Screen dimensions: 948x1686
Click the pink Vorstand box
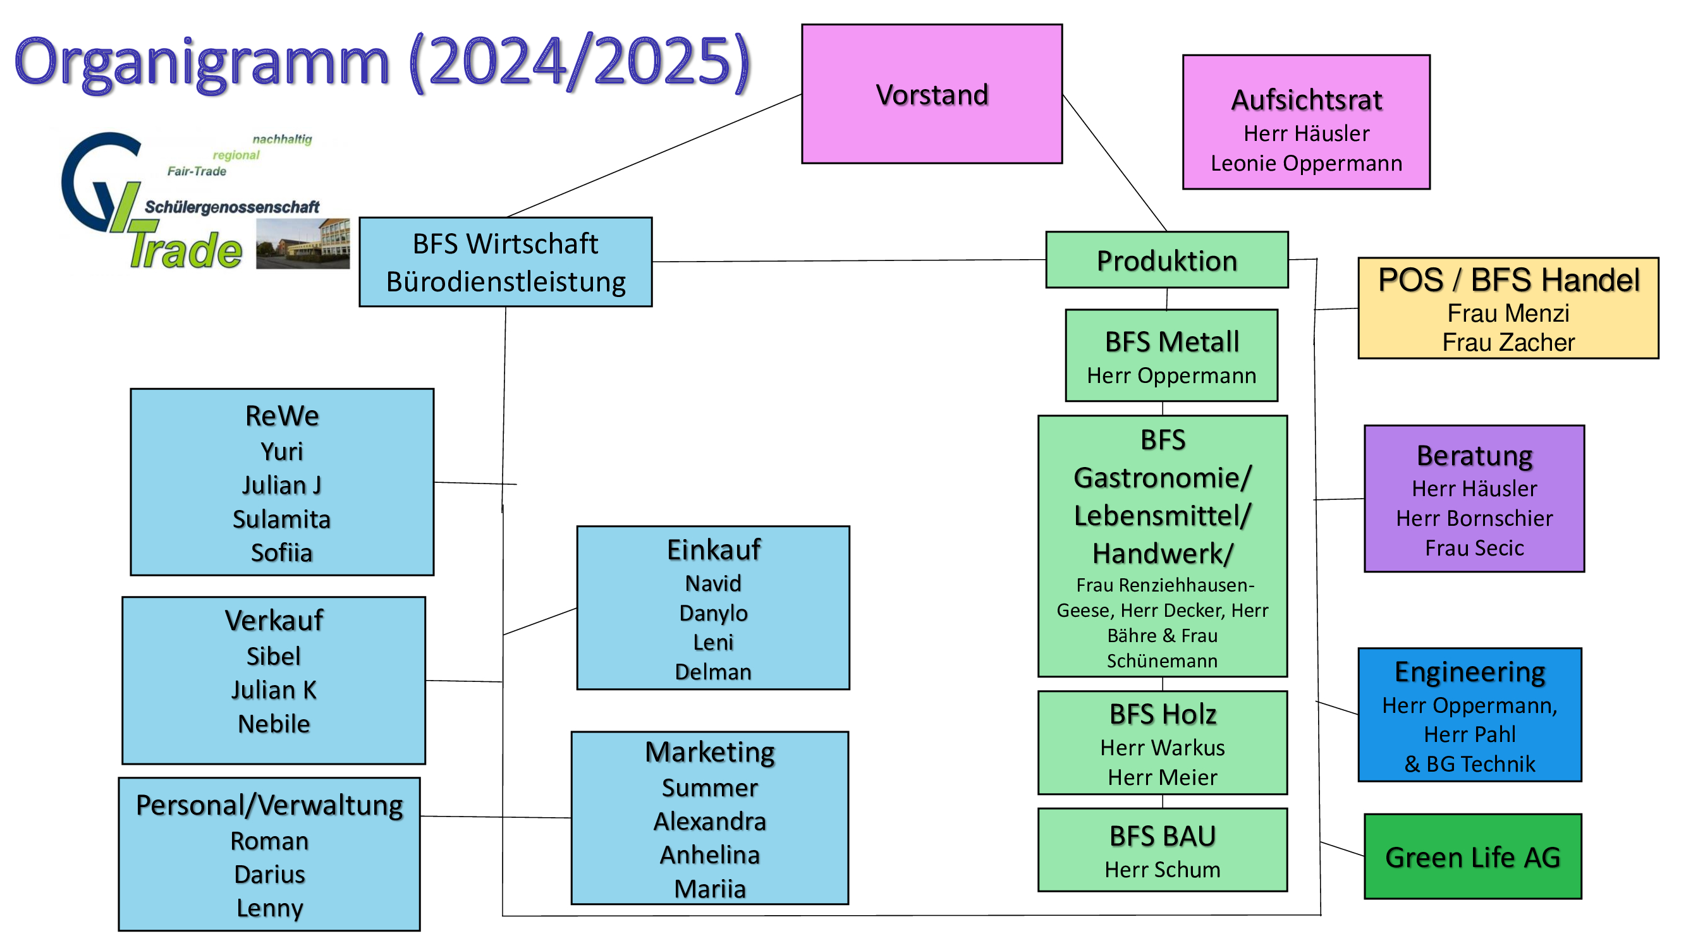tap(931, 94)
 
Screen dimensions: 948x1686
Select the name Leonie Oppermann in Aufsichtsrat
tap(1305, 163)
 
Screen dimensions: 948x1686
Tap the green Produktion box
tap(1166, 260)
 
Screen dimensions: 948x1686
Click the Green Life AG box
tap(1472, 857)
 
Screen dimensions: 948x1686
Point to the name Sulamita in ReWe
tap(281, 519)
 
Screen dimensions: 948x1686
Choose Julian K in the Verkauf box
tap(274, 690)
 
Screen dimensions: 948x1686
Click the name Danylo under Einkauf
tap(712, 613)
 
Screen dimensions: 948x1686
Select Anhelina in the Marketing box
tap(709, 855)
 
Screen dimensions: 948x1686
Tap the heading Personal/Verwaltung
tap(269, 805)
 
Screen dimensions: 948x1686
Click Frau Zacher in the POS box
tap(1508, 342)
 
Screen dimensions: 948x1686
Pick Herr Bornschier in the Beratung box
tap(1474, 518)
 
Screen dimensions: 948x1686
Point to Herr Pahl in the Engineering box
tap(1469, 734)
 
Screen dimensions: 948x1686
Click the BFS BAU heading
tap(1163, 836)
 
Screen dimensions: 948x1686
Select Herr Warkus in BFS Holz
tap(1163, 747)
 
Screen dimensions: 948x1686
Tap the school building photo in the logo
tap(302, 243)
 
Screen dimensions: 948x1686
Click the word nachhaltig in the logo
tap(282, 138)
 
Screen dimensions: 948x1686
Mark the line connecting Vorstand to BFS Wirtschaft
tap(654, 155)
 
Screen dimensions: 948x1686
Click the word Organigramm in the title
tap(202, 62)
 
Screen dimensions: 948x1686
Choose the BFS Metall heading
tap(1171, 341)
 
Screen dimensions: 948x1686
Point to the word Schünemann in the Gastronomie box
tap(1162, 661)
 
